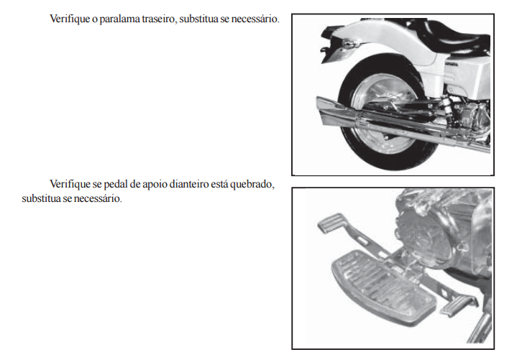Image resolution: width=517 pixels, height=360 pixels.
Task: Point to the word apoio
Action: (155, 185)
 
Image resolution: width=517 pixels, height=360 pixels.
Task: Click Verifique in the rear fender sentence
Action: (70, 19)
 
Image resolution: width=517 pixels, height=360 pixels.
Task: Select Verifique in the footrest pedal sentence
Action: (70, 184)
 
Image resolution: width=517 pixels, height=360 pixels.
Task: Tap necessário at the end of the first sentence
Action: (255, 19)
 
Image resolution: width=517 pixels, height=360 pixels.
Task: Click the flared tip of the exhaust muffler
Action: (328, 112)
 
